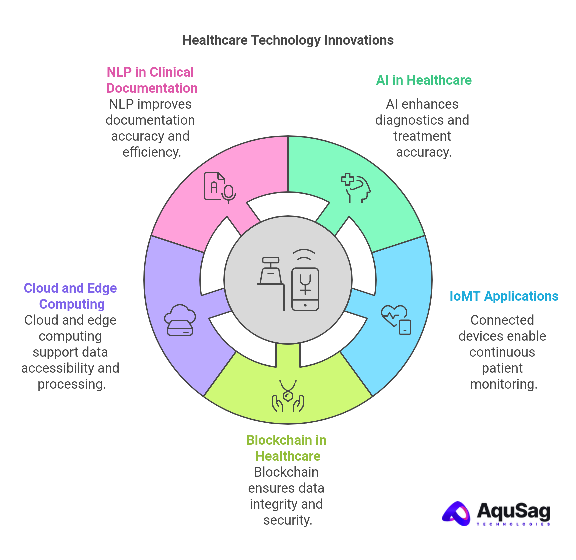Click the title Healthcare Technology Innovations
pos(288,40)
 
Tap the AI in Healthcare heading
pos(424,80)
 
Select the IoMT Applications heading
pos(504,296)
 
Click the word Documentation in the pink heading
pos(152,88)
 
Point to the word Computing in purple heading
pos(72,304)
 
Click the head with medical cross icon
pos(356,188)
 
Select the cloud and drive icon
pos(180,320)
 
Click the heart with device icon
pos(396,320)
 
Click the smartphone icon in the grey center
pos(305,289)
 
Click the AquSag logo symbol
pos(456,514)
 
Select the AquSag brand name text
pos(513,511)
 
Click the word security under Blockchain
pos(287,520)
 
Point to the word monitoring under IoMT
pos(503,384)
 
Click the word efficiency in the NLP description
pos(152,152)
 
